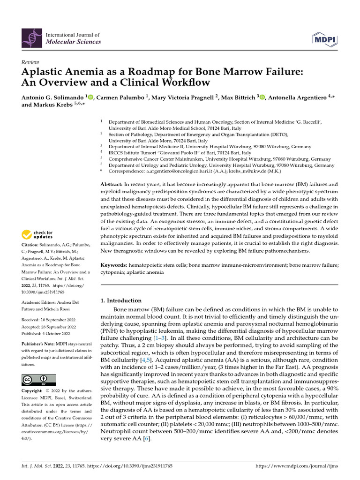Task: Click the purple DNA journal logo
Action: (x=32, y=38)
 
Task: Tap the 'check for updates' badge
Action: (x=37, y=234)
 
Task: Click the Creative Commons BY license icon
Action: (x=38, y=380)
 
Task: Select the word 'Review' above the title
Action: (x=30, y=62)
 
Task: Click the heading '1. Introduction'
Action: (x=121, y=300)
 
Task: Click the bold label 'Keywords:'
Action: (x=114, y=265)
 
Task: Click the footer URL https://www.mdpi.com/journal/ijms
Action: (x=296, y=467)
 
